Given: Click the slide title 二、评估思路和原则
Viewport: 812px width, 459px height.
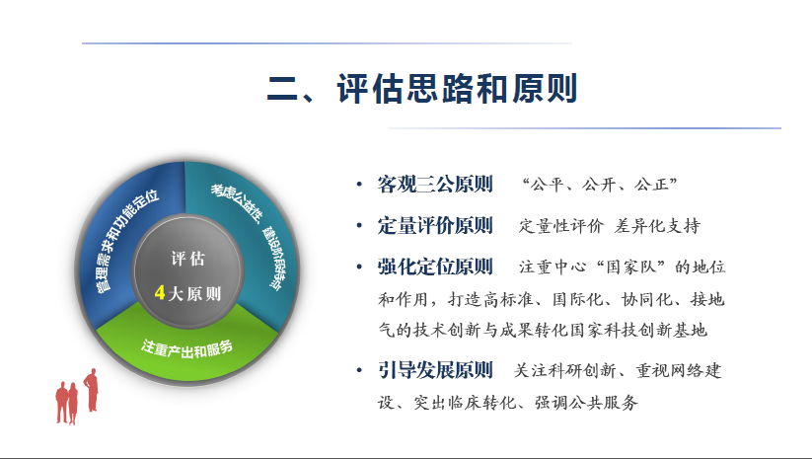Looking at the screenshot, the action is click(x=421, y=89).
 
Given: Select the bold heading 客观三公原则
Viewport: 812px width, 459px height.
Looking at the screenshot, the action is click(x=435, y=185).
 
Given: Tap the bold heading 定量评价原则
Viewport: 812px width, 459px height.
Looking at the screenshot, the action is click(x=435, y=226).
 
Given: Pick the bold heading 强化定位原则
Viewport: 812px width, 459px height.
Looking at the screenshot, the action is click(x=435, y=267).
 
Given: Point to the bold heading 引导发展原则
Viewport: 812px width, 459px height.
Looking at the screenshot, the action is click(x=435, y=370).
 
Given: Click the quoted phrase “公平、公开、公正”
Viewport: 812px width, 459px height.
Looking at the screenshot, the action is click(x=600, y=185).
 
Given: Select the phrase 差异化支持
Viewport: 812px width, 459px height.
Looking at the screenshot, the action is click(x=657, y=226).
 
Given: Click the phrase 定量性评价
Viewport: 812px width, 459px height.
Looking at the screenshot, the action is click(x=561, y=226).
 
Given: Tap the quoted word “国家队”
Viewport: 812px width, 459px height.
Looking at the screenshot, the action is click(x=630, y=267).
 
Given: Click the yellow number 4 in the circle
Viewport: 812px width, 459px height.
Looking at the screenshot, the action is click(x=160, y=293).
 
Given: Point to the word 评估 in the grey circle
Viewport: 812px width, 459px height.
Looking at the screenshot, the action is click(x=188, y=259).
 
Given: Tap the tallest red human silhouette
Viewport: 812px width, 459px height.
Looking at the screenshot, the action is click(x=91, y=390).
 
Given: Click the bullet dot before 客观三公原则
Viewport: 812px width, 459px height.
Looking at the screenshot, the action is click(x=359, y=185).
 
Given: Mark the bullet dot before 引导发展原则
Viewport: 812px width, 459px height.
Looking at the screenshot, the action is click(x=359, y=370).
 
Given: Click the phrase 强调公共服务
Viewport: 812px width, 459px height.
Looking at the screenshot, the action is click(x=586, y=403).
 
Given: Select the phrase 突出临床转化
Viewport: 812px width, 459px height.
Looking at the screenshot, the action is click(x=464, y=403).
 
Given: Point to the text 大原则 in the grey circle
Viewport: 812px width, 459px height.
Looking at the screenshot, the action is click(x=194, y=294).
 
